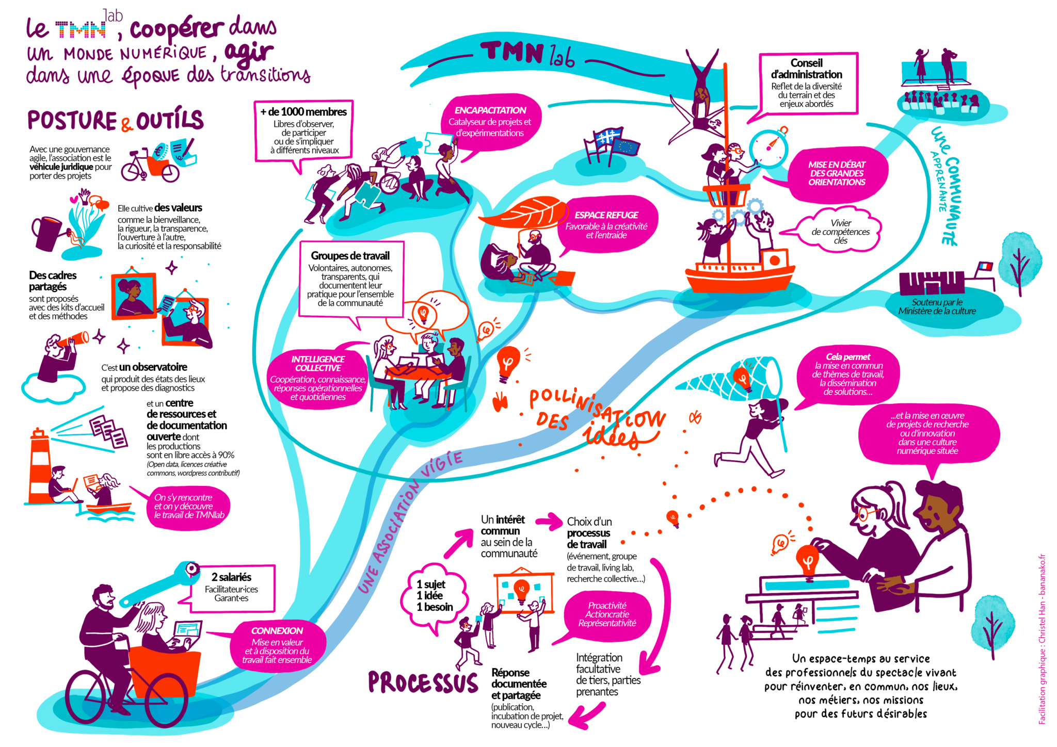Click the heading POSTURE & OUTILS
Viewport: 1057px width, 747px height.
[x=116, y=120]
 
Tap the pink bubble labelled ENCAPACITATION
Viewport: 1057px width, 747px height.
[x=490, y=122]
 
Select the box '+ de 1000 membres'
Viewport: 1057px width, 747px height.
[x=303, y=130]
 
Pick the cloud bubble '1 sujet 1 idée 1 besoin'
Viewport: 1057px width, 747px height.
[x=435, y=595]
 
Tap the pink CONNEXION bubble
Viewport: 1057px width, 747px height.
[x=277, y=645]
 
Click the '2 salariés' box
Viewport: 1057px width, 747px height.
[x=232, y=588]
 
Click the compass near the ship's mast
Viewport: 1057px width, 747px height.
[x=769, y=148]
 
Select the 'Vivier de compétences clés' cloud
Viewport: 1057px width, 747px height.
[x=840, y=231]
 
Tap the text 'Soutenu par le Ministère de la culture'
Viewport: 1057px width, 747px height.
[x=937, y=306]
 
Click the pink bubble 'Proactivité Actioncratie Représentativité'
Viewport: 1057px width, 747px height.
[x=607, y=614]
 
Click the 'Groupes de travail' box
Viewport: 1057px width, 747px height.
[x=350, y=279]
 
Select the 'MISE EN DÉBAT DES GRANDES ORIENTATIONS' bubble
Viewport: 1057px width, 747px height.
[x=837, y=173]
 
